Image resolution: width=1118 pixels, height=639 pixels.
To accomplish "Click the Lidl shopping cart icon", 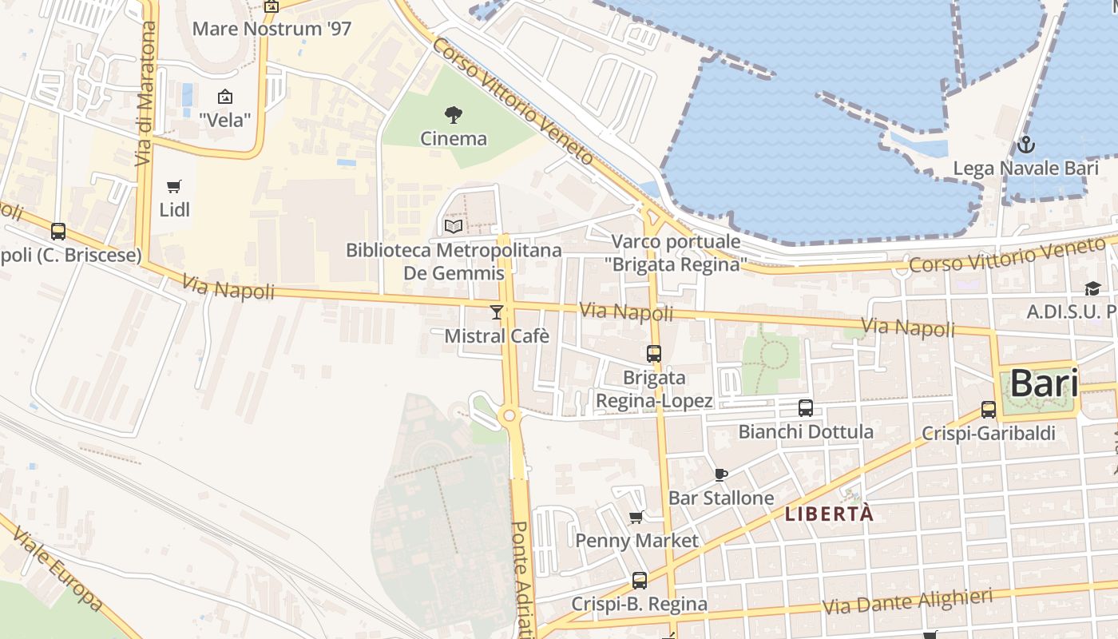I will click(174, 187).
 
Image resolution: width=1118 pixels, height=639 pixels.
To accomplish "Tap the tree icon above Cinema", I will click(454, 115).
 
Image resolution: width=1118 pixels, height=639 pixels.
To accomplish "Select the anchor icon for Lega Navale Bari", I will click(1026, 145).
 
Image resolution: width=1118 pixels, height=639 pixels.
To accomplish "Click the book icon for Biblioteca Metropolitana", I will click(454, 226).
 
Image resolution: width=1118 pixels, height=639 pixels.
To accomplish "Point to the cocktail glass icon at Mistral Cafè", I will click(497, 312).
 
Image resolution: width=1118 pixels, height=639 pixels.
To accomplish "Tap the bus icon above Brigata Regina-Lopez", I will click(654, 353).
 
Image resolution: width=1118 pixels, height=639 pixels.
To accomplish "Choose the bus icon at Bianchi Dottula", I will click(806, 408).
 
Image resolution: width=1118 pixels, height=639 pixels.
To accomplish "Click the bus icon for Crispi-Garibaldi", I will click(989, 410).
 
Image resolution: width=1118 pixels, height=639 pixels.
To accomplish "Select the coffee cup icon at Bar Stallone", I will click(720, 475).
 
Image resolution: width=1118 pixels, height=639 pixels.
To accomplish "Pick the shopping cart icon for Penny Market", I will click(636, 518).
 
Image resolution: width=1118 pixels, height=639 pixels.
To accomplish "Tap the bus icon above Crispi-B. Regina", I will click(640, 581).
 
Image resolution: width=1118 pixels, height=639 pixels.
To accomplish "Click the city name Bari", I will click(1044, 384).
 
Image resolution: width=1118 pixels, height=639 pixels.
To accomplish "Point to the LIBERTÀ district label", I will click(829, 514).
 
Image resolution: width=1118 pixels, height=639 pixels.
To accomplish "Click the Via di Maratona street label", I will click(145, 93).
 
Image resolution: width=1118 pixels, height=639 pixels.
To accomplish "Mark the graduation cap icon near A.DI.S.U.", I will click(1092, 288).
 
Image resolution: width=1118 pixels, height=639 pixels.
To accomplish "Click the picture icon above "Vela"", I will click(225, 97).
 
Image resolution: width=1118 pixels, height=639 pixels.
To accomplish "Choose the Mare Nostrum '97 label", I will click(272, 30).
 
